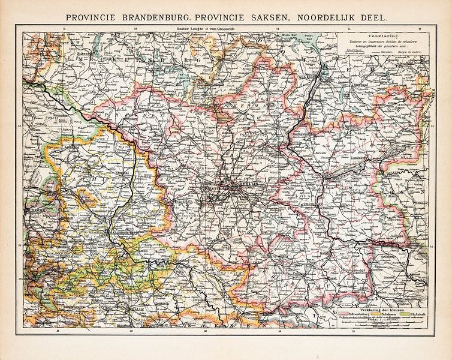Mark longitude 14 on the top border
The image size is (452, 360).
pyautogui.click(x=278, y=29)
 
